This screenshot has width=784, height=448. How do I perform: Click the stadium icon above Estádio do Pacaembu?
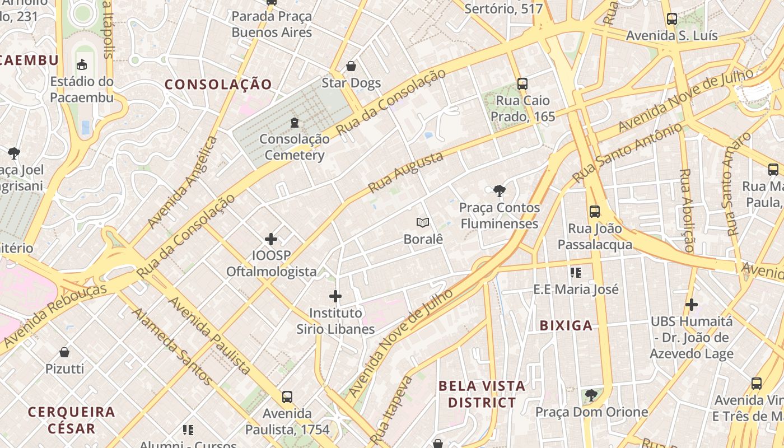click(82, 64)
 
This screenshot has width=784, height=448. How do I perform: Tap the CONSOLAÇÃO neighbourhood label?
click(218, 85)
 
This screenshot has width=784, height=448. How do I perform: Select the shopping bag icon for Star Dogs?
click(351, 66)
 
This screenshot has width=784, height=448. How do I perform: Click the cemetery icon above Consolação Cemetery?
click(295, 122)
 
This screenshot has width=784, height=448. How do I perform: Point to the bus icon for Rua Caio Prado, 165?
click(522, 84)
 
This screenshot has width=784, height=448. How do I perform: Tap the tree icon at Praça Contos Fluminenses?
click(499, 191)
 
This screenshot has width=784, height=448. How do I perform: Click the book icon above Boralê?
click(423, 222)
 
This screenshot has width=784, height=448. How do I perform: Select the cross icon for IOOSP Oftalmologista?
click(271, 239)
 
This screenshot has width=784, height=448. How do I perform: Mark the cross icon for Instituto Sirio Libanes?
click(335, 296)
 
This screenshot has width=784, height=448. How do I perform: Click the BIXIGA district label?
click(566, 325)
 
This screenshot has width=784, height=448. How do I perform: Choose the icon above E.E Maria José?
click(576, 273)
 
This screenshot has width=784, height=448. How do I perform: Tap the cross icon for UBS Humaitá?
click(692, 305)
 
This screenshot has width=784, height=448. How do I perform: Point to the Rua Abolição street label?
click(687, 210)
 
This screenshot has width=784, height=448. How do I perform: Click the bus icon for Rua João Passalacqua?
click(595, 212)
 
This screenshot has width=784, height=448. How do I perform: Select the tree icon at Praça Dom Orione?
click(591, 395)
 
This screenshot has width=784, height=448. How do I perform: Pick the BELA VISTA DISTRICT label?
click(482, 394)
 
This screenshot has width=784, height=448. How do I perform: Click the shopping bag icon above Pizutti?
click(64, 352)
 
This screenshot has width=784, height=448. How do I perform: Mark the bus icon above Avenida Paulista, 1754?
click(287, 397)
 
